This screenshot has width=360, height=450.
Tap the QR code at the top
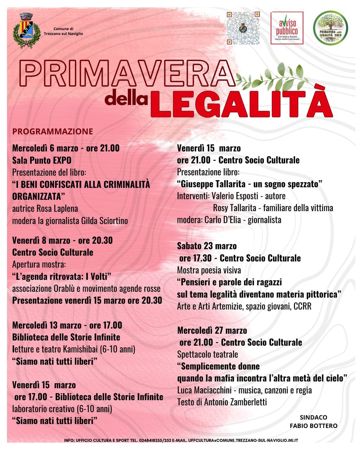(243, 28)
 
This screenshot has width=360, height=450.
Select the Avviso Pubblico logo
(287, 28)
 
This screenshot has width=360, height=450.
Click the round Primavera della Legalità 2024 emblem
(330, 28)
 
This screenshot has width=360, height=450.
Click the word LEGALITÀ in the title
(242, 103)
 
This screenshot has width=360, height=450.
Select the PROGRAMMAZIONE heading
(53, 131)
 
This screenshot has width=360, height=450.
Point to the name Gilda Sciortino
(104, 221)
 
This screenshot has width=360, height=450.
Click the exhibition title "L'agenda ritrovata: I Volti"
(62, 276)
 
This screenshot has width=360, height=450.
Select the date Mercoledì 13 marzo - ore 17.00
(67, 325)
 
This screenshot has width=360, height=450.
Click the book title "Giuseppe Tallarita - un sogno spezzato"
(249, 184)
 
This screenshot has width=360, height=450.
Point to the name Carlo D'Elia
(222, 220)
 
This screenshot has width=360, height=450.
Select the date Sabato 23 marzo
(207, 246)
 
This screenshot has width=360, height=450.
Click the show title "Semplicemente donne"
(218, 366)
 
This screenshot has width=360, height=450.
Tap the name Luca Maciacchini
(204, 390)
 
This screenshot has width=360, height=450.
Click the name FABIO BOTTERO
(313, 426)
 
